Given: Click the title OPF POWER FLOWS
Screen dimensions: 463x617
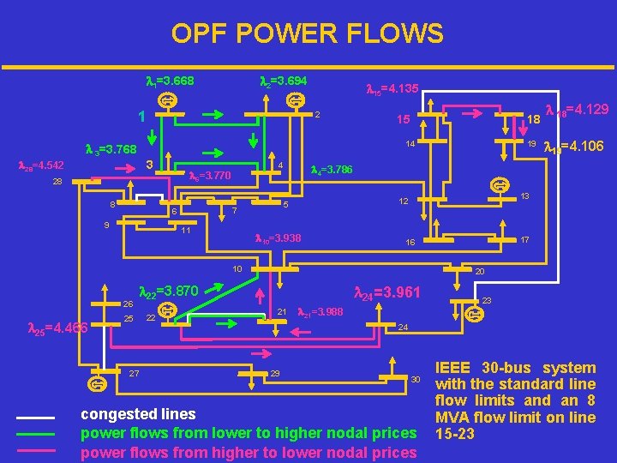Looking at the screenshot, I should click(x=307, y=33).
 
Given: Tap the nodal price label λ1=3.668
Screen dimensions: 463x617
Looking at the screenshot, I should click(x=170, y=81).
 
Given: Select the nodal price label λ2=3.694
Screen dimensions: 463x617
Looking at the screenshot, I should click(x=283, y=81).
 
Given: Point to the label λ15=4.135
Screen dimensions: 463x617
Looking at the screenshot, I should click(x=392, y=88).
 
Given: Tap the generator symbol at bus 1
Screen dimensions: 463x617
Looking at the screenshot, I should click(x=171, y=101).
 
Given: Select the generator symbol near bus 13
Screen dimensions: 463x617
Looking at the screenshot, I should click(x=497, y=184).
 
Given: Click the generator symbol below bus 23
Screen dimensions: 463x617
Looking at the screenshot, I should click(x=472, y=315).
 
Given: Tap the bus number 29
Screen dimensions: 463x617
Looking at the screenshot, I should click(x=274, y=374).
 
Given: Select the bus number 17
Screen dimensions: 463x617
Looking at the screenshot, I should click(x=525, y=240).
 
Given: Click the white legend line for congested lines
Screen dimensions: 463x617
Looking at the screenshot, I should click(x=35, y=418).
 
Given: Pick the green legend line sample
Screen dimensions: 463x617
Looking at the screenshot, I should click(x=35, y=434).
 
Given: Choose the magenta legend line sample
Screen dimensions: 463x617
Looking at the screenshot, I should click(x=35, y=450).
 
